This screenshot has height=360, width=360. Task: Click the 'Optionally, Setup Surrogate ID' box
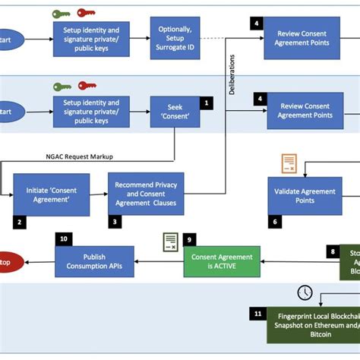(x=175, y=37)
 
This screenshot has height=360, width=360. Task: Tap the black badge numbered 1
(x=205, y=100)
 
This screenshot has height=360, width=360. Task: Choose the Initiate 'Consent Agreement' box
(x=51, y=194)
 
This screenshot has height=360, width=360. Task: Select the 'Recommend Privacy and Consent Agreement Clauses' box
(x=146, y=194)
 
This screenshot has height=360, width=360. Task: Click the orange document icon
(x=289, y=163)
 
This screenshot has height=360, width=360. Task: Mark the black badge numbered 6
(x=275, y=222)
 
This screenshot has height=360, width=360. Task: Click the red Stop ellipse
(x=8, y=263)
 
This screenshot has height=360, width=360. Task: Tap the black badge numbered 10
(x=64, y=238)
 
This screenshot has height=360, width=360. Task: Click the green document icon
(x=171, y=242)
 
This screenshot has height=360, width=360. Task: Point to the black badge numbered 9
(x=191, y=238)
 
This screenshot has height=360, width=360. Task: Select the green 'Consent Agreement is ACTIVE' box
(x=222, y=261)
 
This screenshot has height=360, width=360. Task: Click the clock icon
(x=305, y=292)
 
